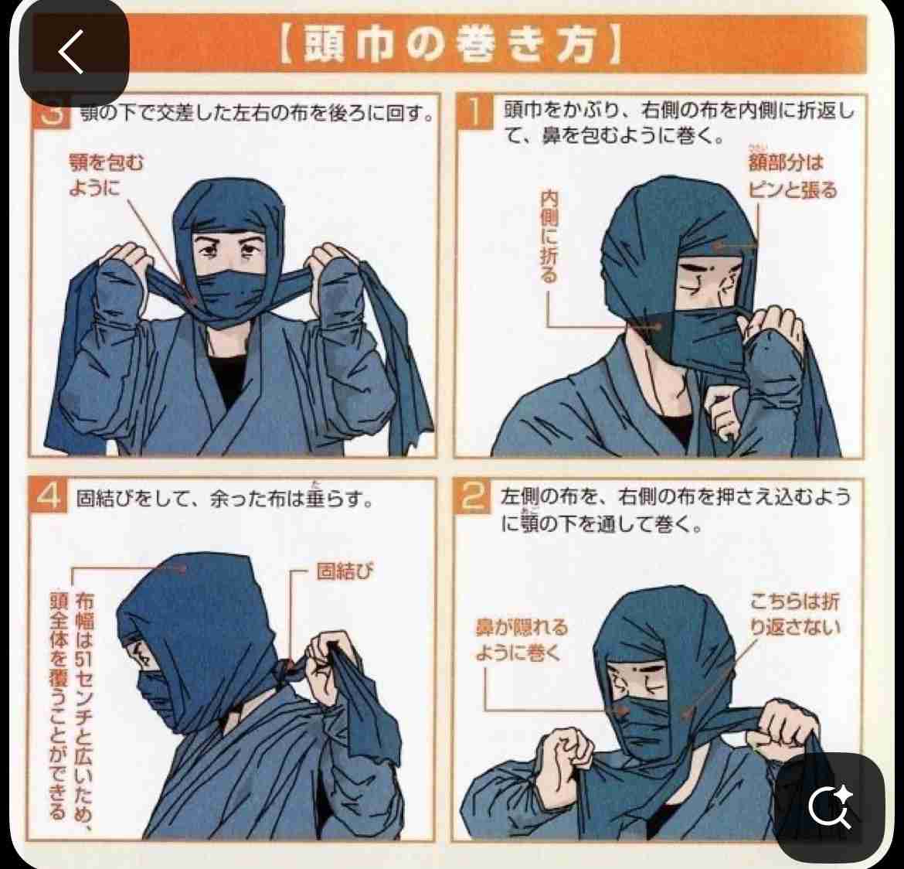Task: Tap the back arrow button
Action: coord(71,53)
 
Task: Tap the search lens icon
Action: coord(830,806)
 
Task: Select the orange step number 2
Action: coord(472,499)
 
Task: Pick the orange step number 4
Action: coord(49,496)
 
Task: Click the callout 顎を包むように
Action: coord(106,175)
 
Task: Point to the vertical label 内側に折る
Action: coord(549,237)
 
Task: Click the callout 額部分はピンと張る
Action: coord(791,176)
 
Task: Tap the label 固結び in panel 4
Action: coord(345,572)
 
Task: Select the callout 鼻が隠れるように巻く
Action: coord(521,639)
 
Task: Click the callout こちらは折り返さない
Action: coord(794,613)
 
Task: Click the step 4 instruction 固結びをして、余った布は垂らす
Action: coord(224,498)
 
